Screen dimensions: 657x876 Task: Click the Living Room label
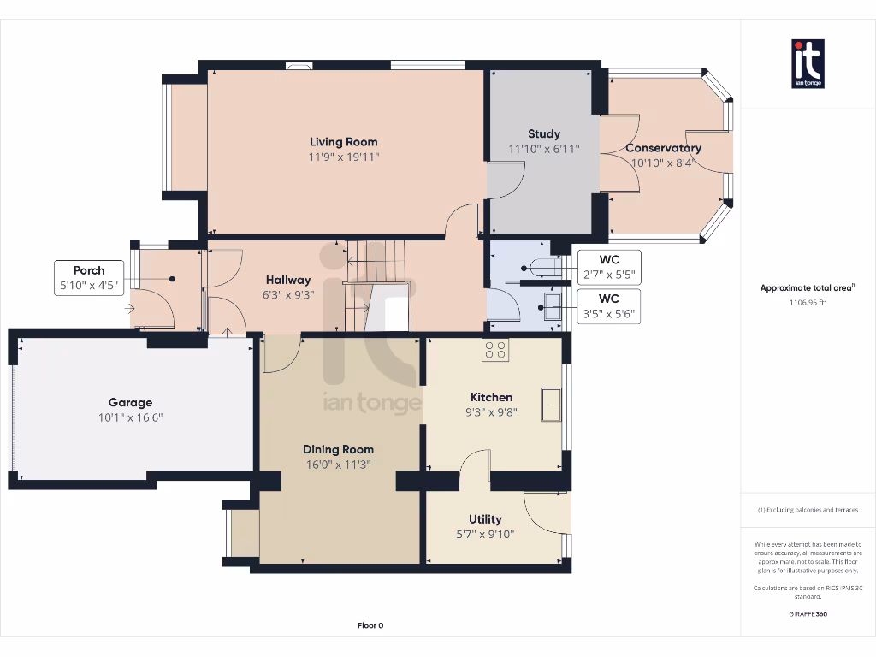pos(343,142)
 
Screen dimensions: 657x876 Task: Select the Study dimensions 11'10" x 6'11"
pos(544,149)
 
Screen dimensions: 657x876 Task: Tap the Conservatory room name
pos(663,148)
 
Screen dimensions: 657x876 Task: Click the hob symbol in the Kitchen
pos(495,349)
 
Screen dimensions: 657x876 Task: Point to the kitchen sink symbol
pos(552,404)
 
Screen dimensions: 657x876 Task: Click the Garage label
pos(130,402)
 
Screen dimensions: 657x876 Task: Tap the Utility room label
pos(485,519)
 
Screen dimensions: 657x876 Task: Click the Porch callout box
pos(89,278)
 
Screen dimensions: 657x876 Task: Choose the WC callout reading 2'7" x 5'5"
pos(608,267)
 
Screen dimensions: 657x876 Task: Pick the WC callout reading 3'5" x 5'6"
pos(608,306)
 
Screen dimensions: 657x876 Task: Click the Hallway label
pos(288,280)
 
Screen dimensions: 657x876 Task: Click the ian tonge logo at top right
pos(808,63)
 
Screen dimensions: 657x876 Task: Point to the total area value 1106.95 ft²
pos(807,302)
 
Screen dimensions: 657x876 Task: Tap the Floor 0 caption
pos(370,625)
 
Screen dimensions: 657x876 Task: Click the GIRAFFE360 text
pos(808,613)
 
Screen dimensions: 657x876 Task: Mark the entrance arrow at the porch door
pos(130,309)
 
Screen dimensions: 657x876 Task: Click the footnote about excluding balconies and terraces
pos(808,510)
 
